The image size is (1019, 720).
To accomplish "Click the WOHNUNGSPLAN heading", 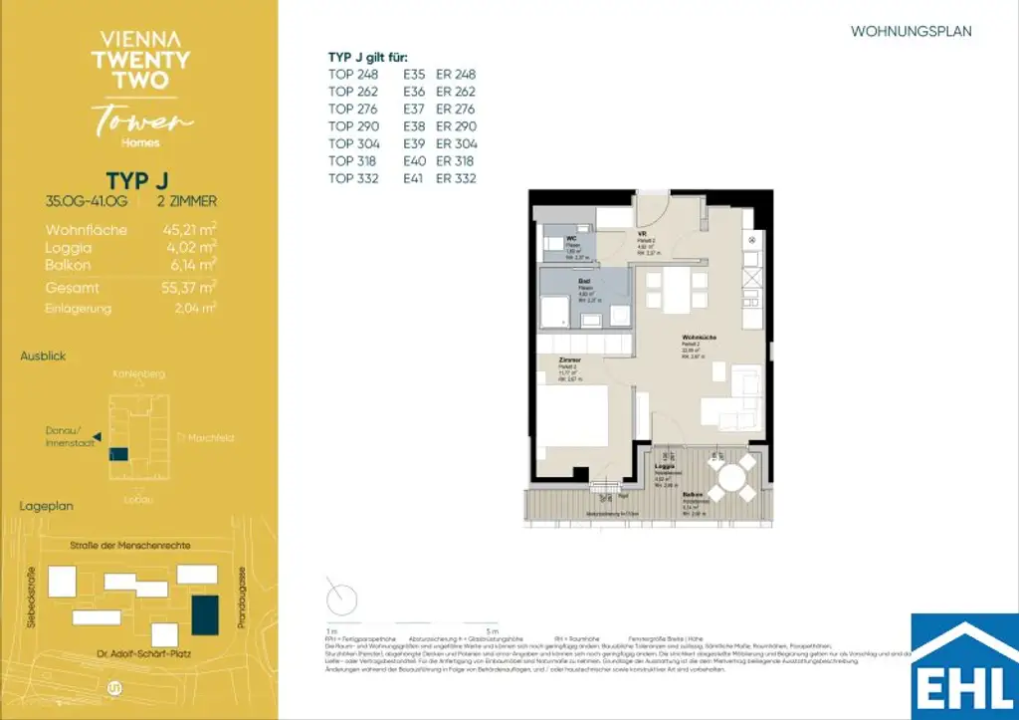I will click(x=911, y=32).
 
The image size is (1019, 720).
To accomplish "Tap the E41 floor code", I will click(x=414, y=178).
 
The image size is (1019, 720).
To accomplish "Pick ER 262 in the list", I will click(x=456, y=92).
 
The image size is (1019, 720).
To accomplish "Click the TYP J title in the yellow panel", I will click(x=131, y=180).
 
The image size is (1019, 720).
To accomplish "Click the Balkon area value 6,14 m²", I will click(x=190, y=265).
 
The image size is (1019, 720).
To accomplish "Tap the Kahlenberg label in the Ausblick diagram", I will click(x=139, y=374).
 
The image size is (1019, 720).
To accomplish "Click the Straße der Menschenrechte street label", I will click(x=130, y=546).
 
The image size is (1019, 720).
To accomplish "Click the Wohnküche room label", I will click(x=695, y=338).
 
